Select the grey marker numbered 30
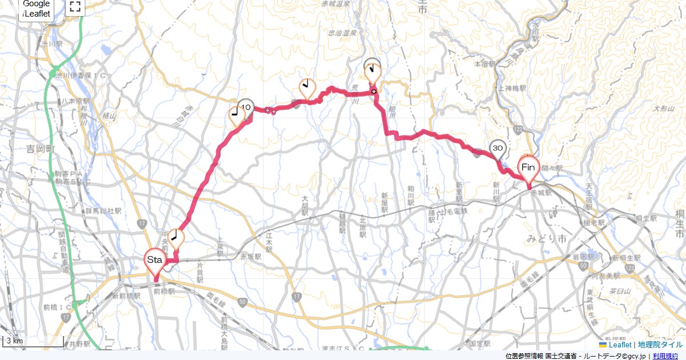tap(497, 149)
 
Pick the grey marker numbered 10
tap(246, 107)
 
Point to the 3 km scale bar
tap(33, 341)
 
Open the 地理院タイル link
tap(660, 345)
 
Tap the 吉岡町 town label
tap(39, 149)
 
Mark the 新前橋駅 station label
tap(126, 296)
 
